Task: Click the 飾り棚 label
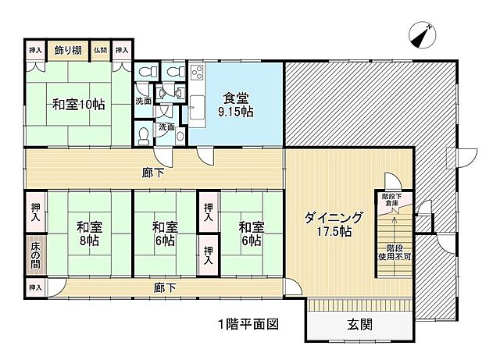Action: (x=69, y=50)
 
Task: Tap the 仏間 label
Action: (x=100, y=50)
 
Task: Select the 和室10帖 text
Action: (x=79, y=104)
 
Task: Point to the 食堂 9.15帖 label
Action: (x=234, y=105)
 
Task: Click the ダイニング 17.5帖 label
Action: (x=334, y=224)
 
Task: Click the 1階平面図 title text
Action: (x=248, y=323)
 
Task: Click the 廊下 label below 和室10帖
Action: (x=154, y=173)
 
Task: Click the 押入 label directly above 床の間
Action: (x=36, y=212)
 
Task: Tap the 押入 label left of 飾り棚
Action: (x=36, y=50)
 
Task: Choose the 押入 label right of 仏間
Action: (x=121, y=50)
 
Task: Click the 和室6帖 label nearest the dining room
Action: (x=251, y=234)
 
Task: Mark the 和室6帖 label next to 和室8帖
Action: (x=164, y=234)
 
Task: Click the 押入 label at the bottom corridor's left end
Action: (x=35, y=287)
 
